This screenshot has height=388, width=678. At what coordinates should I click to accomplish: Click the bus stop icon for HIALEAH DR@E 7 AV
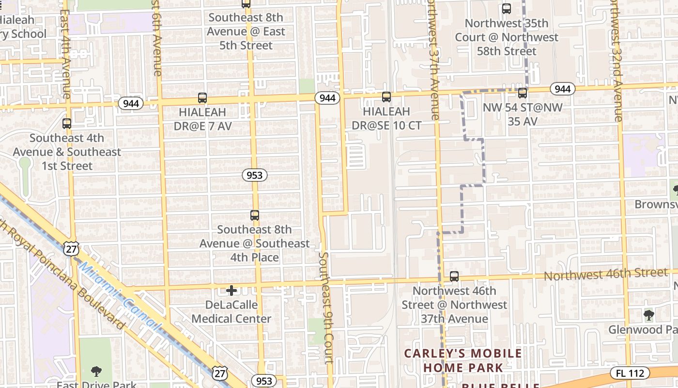point(202,98)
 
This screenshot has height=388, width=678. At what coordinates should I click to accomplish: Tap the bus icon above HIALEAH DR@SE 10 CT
point(386,97)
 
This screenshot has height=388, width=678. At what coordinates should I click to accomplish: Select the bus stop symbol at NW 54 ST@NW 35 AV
point(522,93)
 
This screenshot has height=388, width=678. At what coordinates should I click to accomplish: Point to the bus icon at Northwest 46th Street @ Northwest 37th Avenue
point(454,276)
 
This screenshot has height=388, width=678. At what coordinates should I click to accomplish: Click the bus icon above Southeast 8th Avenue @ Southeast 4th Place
point(255,215)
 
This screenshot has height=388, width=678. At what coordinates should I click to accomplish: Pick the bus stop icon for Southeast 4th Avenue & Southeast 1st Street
point(67,124)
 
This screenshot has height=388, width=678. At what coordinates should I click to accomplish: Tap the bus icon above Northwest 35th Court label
point(506,9)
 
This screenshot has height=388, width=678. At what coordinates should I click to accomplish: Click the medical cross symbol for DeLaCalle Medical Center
point(231,291)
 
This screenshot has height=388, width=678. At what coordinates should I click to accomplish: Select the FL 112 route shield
point(630,373)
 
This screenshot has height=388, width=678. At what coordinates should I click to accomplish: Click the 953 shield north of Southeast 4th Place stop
point(254,175)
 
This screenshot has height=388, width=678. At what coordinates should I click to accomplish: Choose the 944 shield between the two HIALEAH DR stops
point(327,98)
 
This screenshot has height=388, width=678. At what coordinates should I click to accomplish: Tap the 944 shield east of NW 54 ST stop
point(562,89)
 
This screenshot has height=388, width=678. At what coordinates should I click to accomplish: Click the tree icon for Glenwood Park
point(648,316)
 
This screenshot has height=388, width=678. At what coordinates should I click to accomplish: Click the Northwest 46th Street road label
point(606,275)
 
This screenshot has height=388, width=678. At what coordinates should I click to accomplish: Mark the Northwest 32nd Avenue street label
point(616,61)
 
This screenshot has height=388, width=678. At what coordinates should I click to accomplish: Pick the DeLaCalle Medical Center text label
point(231,312)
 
